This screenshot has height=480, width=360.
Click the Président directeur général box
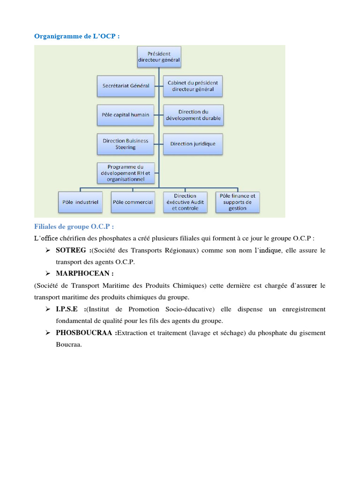159,57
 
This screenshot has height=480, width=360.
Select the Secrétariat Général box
126,86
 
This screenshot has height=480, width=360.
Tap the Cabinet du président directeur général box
193,86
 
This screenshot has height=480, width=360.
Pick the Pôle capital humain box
126,115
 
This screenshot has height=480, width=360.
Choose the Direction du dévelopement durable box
193,115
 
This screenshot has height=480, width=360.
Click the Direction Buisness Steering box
126,144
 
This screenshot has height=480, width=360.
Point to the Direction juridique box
193,144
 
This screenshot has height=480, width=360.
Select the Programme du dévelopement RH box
126,173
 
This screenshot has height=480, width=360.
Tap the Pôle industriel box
80,202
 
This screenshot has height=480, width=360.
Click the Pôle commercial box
133,202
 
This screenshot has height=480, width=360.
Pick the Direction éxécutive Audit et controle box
185,202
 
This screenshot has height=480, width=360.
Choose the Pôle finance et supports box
238,202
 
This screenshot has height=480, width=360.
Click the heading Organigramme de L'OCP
77,36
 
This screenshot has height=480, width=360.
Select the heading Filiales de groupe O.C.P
74,227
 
